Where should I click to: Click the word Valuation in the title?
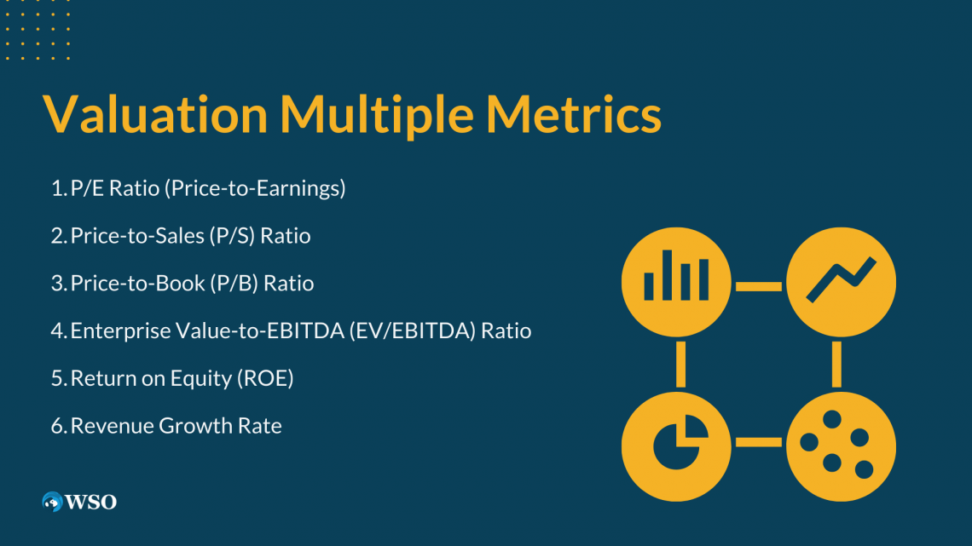tap(155, 114)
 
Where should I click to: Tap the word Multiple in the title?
tap(377, 115)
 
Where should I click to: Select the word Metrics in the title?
tap(574, 114)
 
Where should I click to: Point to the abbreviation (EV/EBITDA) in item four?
tap(412, 331)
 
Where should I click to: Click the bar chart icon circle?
tap(676, 282)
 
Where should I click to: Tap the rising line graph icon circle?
tap(842, 282)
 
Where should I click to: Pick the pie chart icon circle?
tap(676, 446)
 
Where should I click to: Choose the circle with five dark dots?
tap(842, 446)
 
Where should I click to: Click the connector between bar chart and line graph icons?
tap(759, 286)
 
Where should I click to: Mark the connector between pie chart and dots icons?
tap(759, 442)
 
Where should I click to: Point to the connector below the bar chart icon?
tap(680, 364)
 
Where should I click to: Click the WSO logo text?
tap(90, 502)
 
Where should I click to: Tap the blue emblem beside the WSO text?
tap(52, 502)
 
